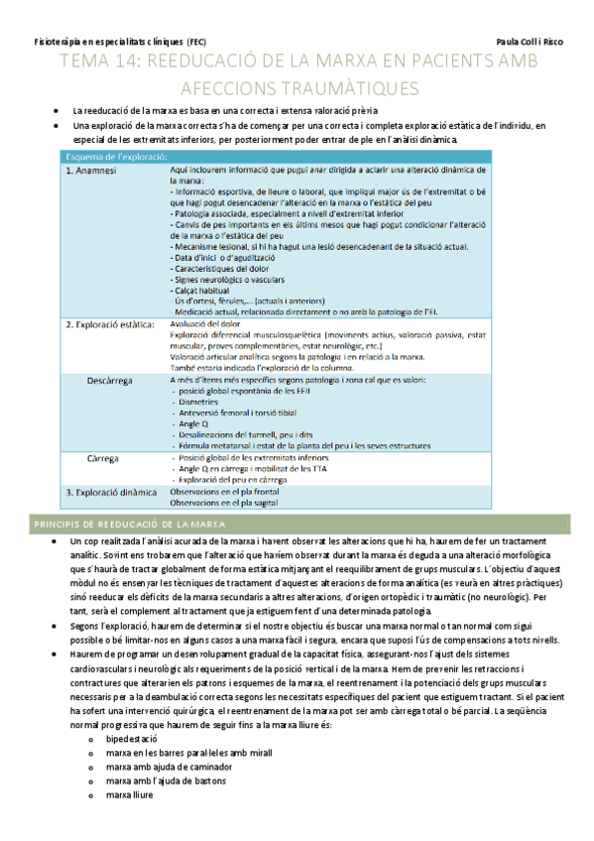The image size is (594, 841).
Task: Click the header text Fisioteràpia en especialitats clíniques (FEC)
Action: [x=113, y=44]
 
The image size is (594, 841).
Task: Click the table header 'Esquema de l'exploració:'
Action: [x=115, y=157]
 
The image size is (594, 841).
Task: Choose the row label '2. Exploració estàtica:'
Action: [x=109, y=323]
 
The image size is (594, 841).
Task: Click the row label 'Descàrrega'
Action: [x=109, y=380]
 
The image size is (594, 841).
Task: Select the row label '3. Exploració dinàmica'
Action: [x=110, y=492]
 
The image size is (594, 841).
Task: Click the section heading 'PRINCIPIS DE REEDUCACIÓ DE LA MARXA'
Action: [x=129, y=523]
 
